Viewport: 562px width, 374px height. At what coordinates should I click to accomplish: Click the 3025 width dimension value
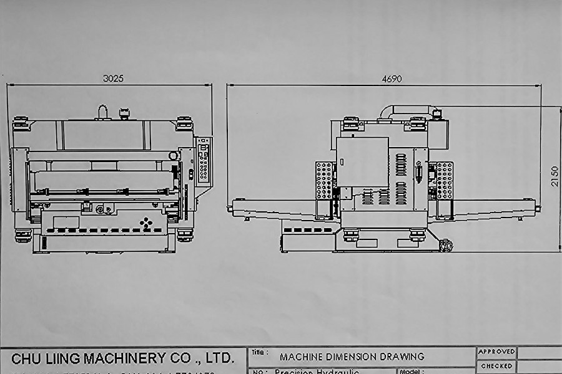click(x=113, y=79)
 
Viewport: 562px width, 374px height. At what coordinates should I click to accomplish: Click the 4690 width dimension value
click(x=392, y=79)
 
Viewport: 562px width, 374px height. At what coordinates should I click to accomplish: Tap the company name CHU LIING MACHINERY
click(x=122, y=358)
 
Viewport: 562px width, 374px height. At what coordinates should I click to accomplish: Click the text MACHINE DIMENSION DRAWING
click(x=352, y=357)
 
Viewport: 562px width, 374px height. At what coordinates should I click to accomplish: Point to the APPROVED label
click(x=496, y=352)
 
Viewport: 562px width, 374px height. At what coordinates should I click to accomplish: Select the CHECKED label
click(x=496, y=366)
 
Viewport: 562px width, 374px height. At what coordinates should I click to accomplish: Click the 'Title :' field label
click(x=260, y=353)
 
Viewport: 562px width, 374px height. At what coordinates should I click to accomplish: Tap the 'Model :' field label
click(x=412, y=371)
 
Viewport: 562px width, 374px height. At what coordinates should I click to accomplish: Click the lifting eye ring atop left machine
click(x=102, y=112)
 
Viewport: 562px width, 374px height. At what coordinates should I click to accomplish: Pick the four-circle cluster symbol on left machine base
click(x=145, y=223)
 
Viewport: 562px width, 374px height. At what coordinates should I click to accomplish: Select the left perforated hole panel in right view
click(x=323, y=180)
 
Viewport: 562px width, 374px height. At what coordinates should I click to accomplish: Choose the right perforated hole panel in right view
click(x=445, y=180)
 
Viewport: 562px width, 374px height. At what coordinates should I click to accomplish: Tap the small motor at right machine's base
click(x=445, y=246)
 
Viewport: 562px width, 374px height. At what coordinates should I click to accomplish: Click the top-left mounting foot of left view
click(x=21, y=123)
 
